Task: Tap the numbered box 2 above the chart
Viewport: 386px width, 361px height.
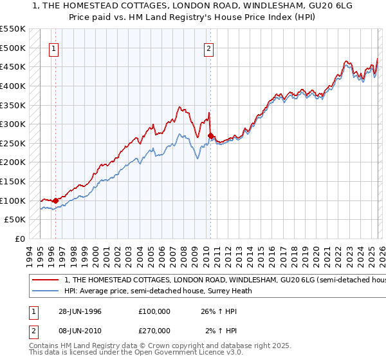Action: [209, 48]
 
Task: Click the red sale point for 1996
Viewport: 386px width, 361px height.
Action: [55, 200]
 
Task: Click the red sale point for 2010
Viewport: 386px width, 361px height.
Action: [211, 135]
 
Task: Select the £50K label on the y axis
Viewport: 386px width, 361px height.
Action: [15, 220]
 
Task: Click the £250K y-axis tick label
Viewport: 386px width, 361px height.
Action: [13, 143]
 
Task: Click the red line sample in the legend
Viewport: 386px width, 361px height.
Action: [46, 280]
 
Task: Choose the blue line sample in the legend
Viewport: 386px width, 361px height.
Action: [46, 291]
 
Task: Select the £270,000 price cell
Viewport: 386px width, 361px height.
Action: [154, 330]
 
